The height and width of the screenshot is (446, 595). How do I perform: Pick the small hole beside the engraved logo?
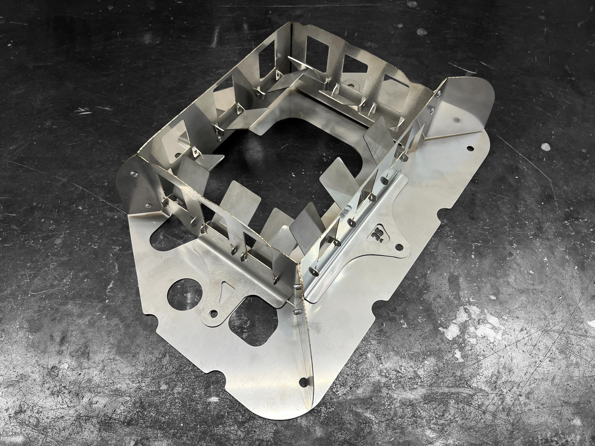pyautogui.click(x=398, y=247)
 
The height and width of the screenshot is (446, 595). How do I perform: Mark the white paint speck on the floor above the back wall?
pyautogui.click(x=420, y=32)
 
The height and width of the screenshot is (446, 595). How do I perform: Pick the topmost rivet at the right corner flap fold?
pyautogui.click(x=439, y=94)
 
